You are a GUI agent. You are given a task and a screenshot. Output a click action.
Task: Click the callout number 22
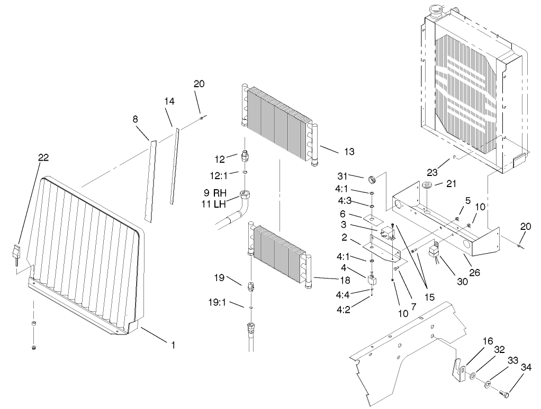click(x=43, y=157)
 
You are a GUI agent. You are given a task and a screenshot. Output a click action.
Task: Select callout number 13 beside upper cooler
click(x=349, y=152)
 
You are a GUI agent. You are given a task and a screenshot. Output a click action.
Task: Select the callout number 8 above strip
click(x=136, y=120)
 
